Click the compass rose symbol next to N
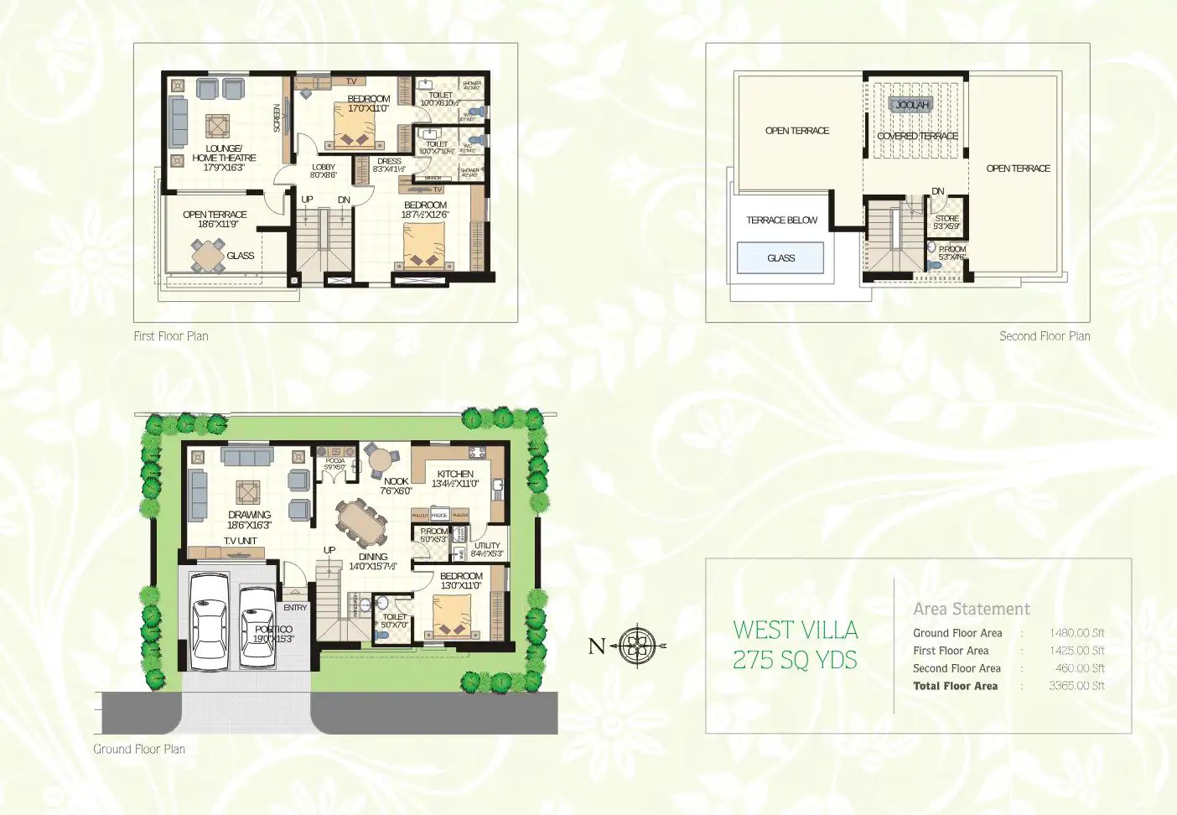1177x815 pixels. pyautogui.click(x=638, y=646)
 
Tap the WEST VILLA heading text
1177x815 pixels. pyautogui.click(x=795, y=630)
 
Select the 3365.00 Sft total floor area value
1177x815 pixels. pyautogui.click(x=1076, y=686)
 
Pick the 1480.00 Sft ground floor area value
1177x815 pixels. pyautogui.click(x=1076, y=633)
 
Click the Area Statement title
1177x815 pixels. pyautogui.click(x=971, y=609)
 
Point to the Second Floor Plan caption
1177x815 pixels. pyautogui.click(x=1045, y=336)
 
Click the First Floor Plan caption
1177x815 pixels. pyautogui.click(x=171, y=336)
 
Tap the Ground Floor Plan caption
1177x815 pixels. pyautogui.click(x=139, y=750)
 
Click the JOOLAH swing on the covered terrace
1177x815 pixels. pyautogui.click(x=912, y=105)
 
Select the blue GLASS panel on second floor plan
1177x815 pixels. pyautogui.click(x=780, y=258)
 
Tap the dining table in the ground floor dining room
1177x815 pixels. pyautogui.click(x=361, y=524)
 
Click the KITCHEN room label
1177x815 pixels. pyautogui.click(x=455, y=474)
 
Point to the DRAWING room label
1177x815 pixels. pyautogui.click(x=249, y=515)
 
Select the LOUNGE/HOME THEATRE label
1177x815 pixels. pyautogui.click(x=224, y=153)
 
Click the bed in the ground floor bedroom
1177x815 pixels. pyautogui.click(x=452, y=617)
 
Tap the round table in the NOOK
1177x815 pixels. pyautogui.click(x=381, y=459)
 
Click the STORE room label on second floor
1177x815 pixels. pyautogui.click(x=946, y=218)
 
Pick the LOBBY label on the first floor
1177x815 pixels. pyautogui.click(x=323, y=168)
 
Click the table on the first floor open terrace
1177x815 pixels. pyautogui.click(x=208, y=255)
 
